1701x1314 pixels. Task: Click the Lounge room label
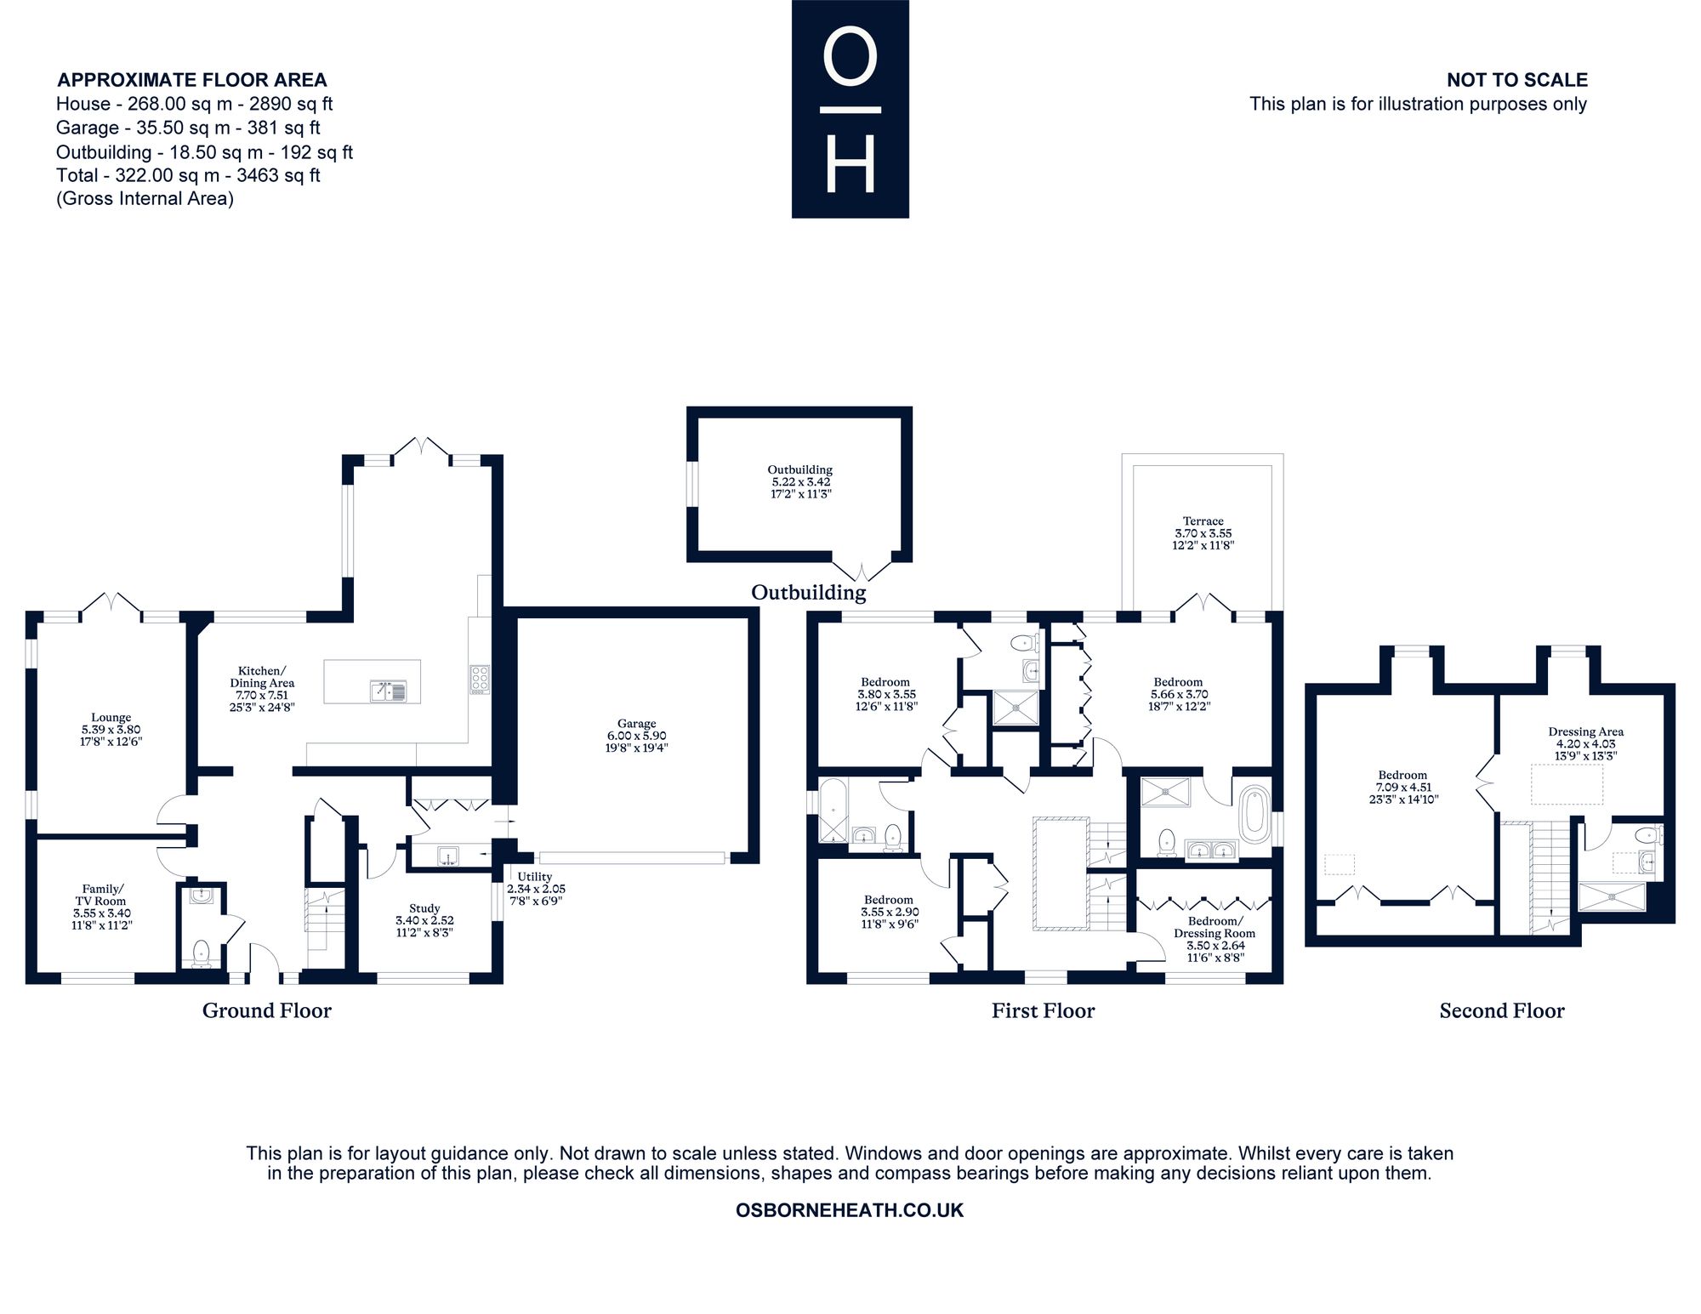(111, 718)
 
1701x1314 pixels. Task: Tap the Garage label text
(637, 724)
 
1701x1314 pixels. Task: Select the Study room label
(424, 908)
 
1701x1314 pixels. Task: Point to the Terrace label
(1203, 521)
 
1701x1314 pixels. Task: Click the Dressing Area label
(1585, 731)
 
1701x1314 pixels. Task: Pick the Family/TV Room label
(101, 895)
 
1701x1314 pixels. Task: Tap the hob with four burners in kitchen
(480, 680)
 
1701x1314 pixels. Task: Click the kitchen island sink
(389, 691)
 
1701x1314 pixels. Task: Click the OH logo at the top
(850, 109)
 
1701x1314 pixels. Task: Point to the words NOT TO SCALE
(1517, 80)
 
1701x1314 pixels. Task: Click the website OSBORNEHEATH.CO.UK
(850, 1210)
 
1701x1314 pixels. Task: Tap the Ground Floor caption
(266, 1010)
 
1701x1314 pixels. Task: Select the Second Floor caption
(1502, 1010)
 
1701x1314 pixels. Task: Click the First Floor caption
(1043, 1010)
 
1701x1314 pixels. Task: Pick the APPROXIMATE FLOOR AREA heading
(192, 80)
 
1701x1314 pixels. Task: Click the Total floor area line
(188, 175)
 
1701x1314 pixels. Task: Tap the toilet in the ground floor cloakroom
(202, 953)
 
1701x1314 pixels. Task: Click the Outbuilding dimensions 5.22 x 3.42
(799, 481)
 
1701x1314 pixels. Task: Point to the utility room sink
(447, 855)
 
